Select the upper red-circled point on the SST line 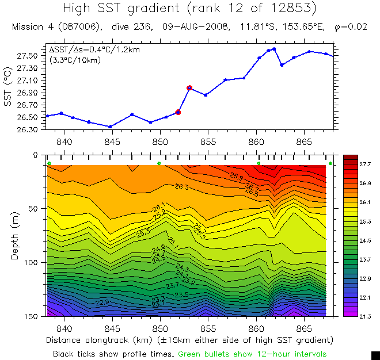189,88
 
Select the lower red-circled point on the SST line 178,112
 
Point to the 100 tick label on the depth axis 30,262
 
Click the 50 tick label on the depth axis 32,208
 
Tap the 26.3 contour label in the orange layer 182,187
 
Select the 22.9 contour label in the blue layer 102,302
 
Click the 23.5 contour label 181,294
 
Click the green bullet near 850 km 159,163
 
